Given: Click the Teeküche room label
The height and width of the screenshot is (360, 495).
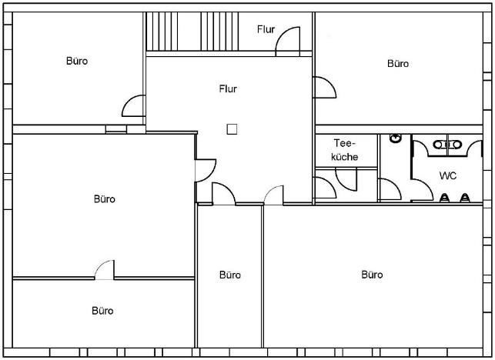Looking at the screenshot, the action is pyautogui.click(x=344, y=150).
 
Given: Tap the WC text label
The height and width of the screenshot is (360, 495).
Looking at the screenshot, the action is pyautogui.click(x=447, y=175).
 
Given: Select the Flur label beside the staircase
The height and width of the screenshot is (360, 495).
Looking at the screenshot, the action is pyautogui.click(x=266, y=29).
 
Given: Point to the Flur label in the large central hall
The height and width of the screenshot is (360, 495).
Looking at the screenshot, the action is pyautogui.click(x=228, y=89).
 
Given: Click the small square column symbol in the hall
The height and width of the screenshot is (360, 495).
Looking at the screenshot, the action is pyautogui.click(x=232, y=129).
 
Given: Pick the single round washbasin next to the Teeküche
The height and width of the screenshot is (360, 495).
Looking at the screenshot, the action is pyautogui.click(x=395, y=138).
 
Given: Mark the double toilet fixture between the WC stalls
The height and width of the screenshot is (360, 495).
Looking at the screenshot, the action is pyautogui.click(x=447, y=145).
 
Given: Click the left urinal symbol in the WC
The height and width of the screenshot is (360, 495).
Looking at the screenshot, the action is pyautogui.click(x=444, y=198).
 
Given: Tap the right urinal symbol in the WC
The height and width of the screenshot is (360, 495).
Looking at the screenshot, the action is pyautogui.click(x=465, y=198).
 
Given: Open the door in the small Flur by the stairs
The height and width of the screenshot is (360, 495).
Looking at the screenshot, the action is pyautogui.click(x=288, y=41).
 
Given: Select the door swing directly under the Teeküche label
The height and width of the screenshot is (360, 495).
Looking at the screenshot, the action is pyautogui.click(x=346, y=179).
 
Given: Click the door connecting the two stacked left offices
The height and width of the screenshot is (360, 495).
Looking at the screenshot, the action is pyautogui.click(x=105, y=270).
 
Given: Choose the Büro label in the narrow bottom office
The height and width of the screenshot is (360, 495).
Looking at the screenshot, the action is pyautogui.click(x=230, y=275).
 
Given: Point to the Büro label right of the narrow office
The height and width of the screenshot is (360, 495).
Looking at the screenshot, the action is pyautogui.click(x=372, y=275).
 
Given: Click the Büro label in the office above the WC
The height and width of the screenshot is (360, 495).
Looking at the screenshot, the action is pyautogui.click(x=398, y=64).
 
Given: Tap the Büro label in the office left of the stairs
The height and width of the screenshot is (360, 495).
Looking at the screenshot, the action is pyautogui.click(x=77, y=61).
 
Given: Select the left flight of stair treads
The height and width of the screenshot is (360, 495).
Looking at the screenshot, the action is pyautogui.click(x=162, y=32).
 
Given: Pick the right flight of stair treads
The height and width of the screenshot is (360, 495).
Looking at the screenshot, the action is pyautogui.click(x=219, y=32).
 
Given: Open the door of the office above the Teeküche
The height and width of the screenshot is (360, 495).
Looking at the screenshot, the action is pyautogui.click(x=325, y=87).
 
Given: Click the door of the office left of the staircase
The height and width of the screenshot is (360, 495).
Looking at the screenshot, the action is pyautogui.click(x=133, y=105).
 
